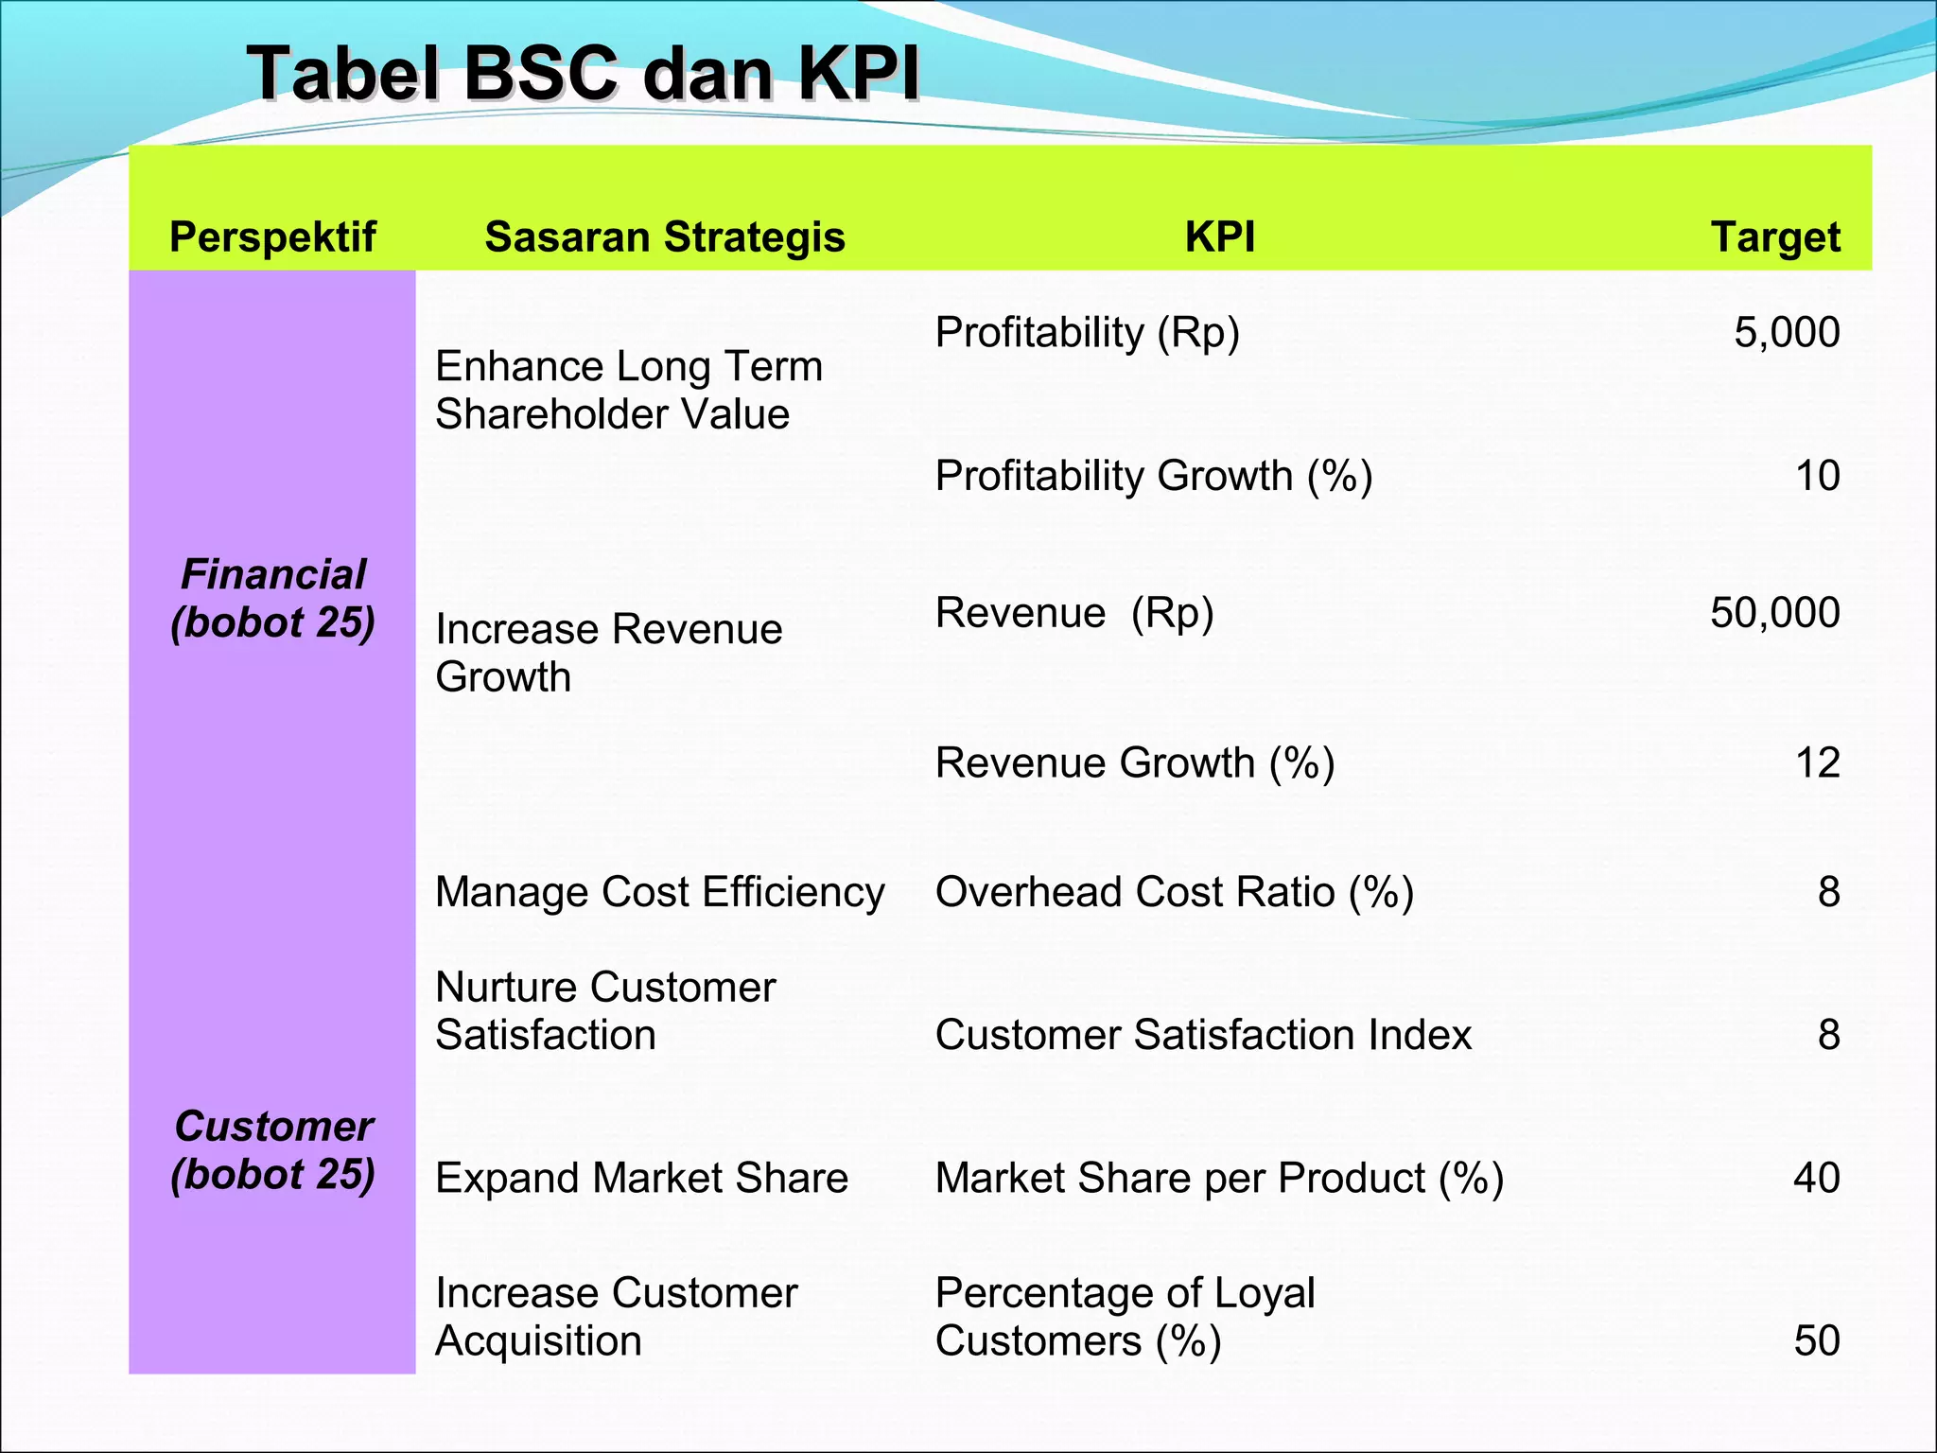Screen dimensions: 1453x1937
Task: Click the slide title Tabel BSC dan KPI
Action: coord(583,74)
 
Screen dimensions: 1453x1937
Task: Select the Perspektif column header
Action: coord(272,236)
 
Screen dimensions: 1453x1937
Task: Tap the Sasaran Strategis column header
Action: coord(664,236)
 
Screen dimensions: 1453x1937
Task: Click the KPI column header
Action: coord(1220,236)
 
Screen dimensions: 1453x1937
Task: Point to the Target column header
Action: coord(1775,236)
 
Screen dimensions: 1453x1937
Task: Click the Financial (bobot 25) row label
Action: coord(272,598)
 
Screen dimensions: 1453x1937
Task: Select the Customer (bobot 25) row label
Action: coord(272,1149)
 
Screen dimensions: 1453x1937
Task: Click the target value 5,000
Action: coord(1786,333)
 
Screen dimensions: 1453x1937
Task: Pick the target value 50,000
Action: coord(1774,613)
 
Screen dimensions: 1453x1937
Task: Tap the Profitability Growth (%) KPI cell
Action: coord(1154,476)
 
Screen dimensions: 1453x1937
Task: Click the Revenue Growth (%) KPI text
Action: coord(1135,762)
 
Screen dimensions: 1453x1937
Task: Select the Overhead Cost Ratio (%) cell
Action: coord(1175,892)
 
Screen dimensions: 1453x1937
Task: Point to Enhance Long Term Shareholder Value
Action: coord(628,390)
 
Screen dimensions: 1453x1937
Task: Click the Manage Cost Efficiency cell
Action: coord(659,892)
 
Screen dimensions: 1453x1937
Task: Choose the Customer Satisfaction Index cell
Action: coord(1203,1035)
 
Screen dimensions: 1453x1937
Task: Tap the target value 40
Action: coord(1816,1178)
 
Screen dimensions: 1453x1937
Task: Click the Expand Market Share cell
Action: coord(641,1178)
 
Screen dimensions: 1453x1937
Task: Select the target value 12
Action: coord(1817,762)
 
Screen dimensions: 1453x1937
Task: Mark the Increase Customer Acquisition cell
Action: coord(616,1317)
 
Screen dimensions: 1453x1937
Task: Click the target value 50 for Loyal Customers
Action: coord(1816,1340)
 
